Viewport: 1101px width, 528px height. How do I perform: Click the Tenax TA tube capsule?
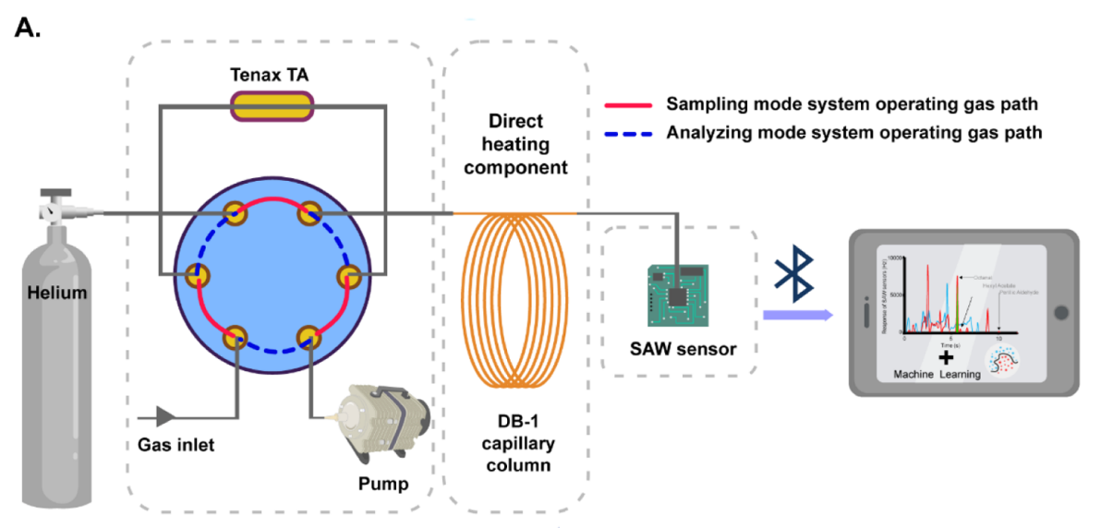tap(272, 106)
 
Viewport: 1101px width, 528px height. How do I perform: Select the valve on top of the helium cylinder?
tap(55, 209)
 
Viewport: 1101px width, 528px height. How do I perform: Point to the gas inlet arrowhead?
tap(167, 414)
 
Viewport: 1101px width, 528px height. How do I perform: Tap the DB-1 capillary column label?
tap(514, 444)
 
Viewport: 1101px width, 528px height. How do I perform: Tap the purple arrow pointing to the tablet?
tap(796, 317)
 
